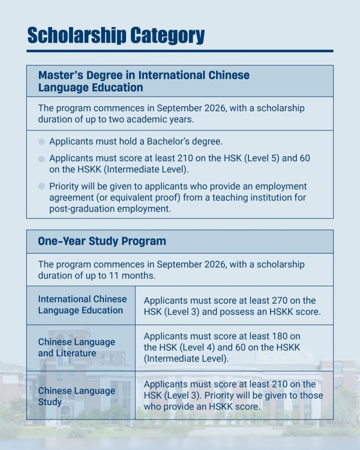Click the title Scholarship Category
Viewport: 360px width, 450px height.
coord(115,35)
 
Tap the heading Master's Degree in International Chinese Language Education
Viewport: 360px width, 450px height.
coord(143,81)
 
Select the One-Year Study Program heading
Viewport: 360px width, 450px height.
coord(102,241)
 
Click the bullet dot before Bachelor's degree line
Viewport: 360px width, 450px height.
coord(42,142)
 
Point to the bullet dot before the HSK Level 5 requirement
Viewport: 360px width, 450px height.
coord(42,159)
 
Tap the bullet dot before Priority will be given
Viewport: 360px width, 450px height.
coord(42,186)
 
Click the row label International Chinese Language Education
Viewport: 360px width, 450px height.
coord(82,304)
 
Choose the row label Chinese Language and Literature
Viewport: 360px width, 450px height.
coord(76,347)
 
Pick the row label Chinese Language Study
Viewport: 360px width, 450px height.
coord(76,396)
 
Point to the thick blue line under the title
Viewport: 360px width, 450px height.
coord(180,51)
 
